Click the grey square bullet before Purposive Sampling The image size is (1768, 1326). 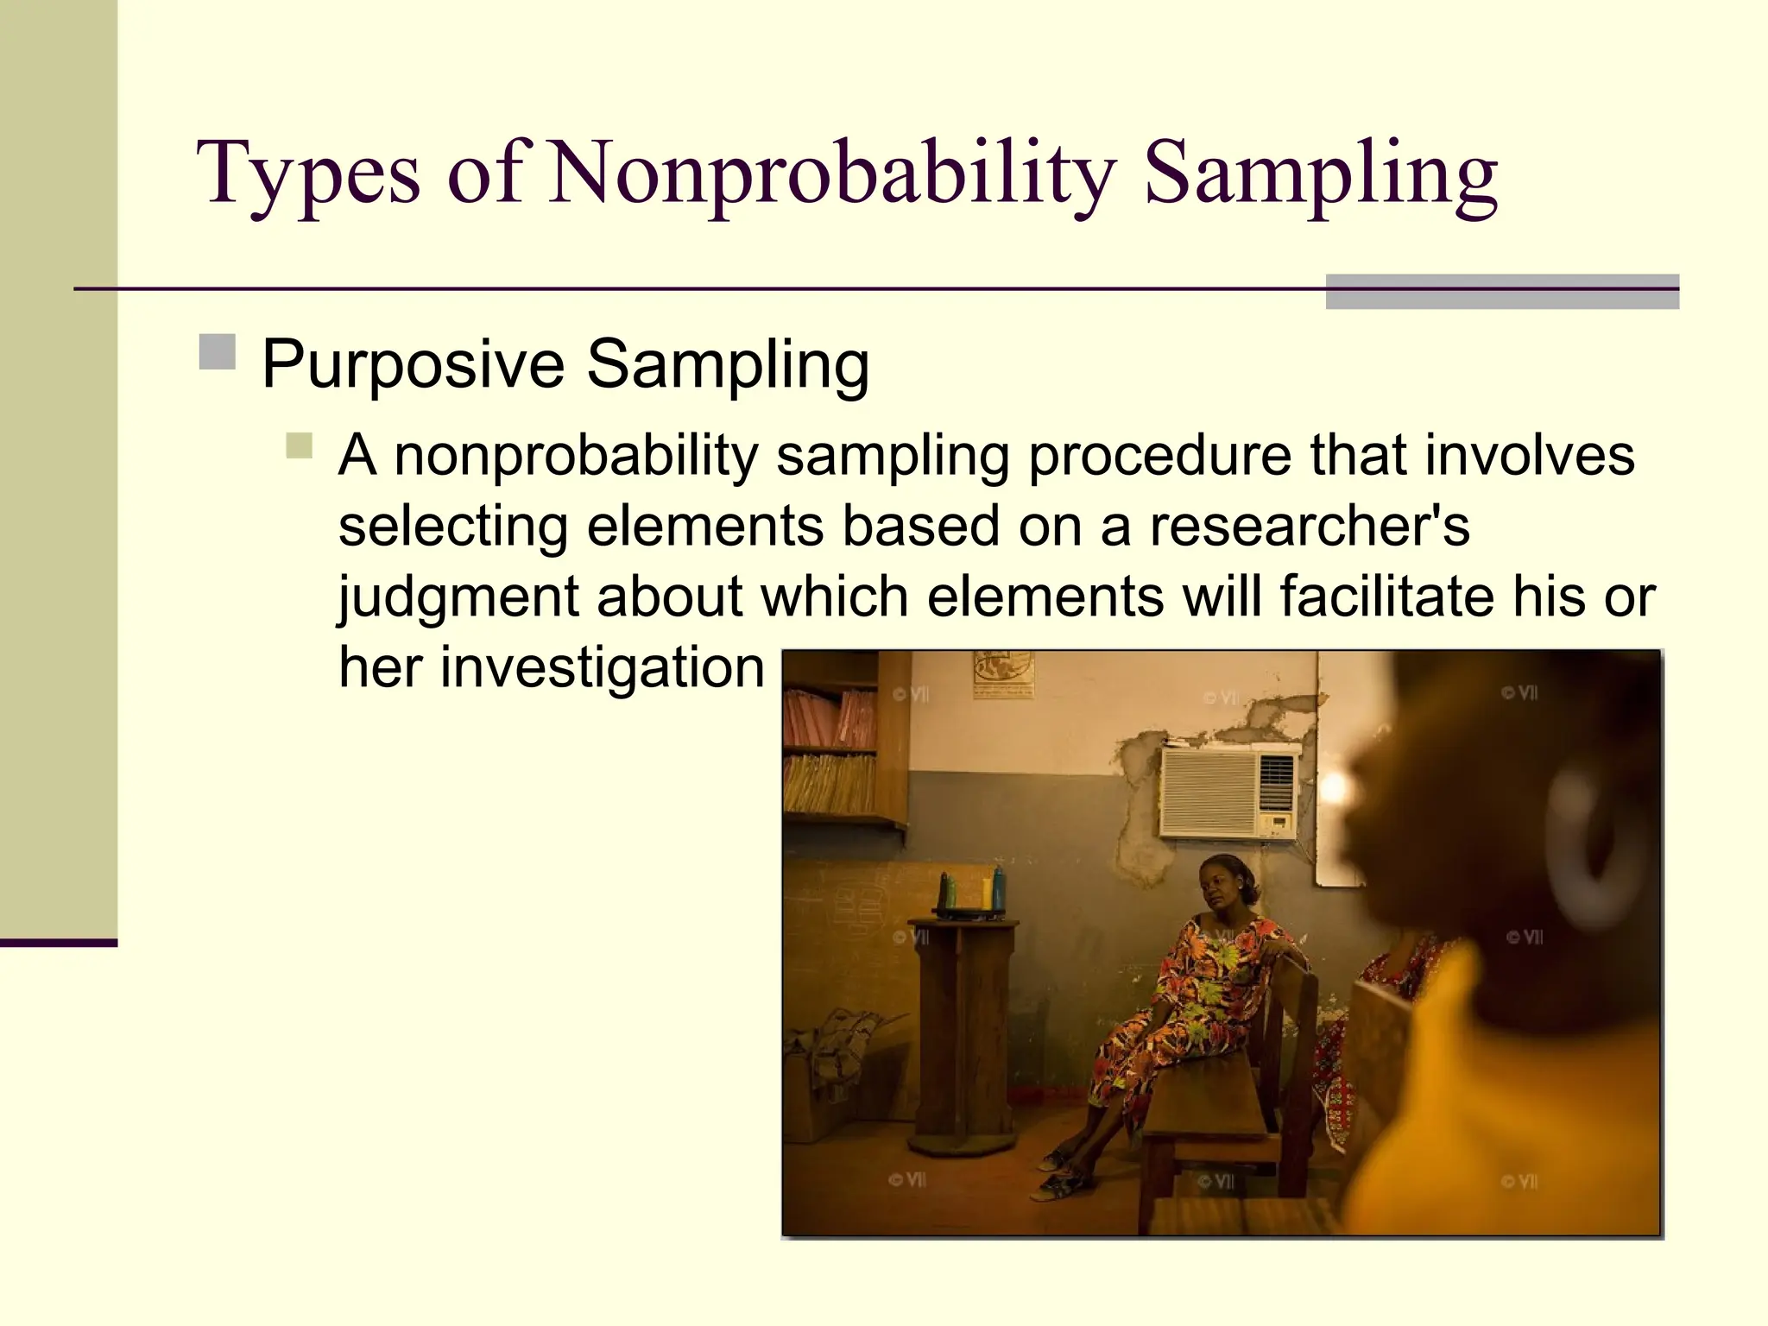tap(218, 351)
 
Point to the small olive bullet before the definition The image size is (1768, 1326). tap(299, 445)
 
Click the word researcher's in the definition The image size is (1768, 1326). tap(1309, 526)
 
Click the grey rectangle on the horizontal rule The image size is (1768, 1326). tap(1501, 292)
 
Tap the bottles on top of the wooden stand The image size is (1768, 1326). tap(972, 893)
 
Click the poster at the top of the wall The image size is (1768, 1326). tap(1003, 673)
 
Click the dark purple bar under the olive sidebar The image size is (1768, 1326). tap(58, 943)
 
